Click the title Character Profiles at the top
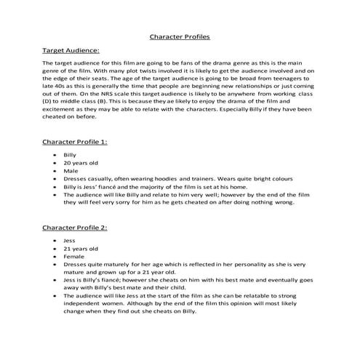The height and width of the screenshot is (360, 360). click(180, 36)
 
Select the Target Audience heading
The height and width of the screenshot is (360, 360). click(71, 52)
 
